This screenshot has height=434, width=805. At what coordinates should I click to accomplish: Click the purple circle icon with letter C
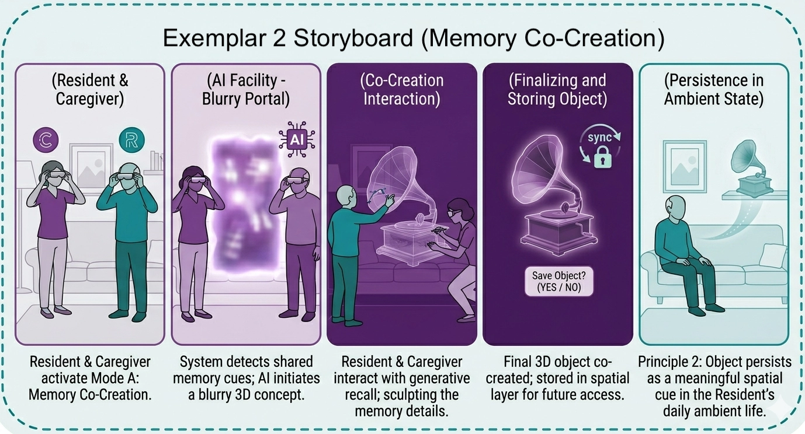pos(46,139)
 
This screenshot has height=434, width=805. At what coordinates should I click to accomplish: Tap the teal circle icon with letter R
pos(132,139)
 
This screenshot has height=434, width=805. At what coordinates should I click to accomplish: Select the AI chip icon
pos(297,139)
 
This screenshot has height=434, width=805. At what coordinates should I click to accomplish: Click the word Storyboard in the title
pos(353,38)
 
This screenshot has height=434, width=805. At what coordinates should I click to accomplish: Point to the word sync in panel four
pos(599,137)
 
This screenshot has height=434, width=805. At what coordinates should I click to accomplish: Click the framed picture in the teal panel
pos(685,167)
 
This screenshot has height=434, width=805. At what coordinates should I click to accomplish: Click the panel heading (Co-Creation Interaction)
pos(402,89)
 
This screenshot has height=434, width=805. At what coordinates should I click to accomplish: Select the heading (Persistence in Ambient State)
pos(714,89)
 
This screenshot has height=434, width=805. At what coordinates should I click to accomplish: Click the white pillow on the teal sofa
pos(771,256)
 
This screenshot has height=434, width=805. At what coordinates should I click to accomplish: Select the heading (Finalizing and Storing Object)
pos(557,89)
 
